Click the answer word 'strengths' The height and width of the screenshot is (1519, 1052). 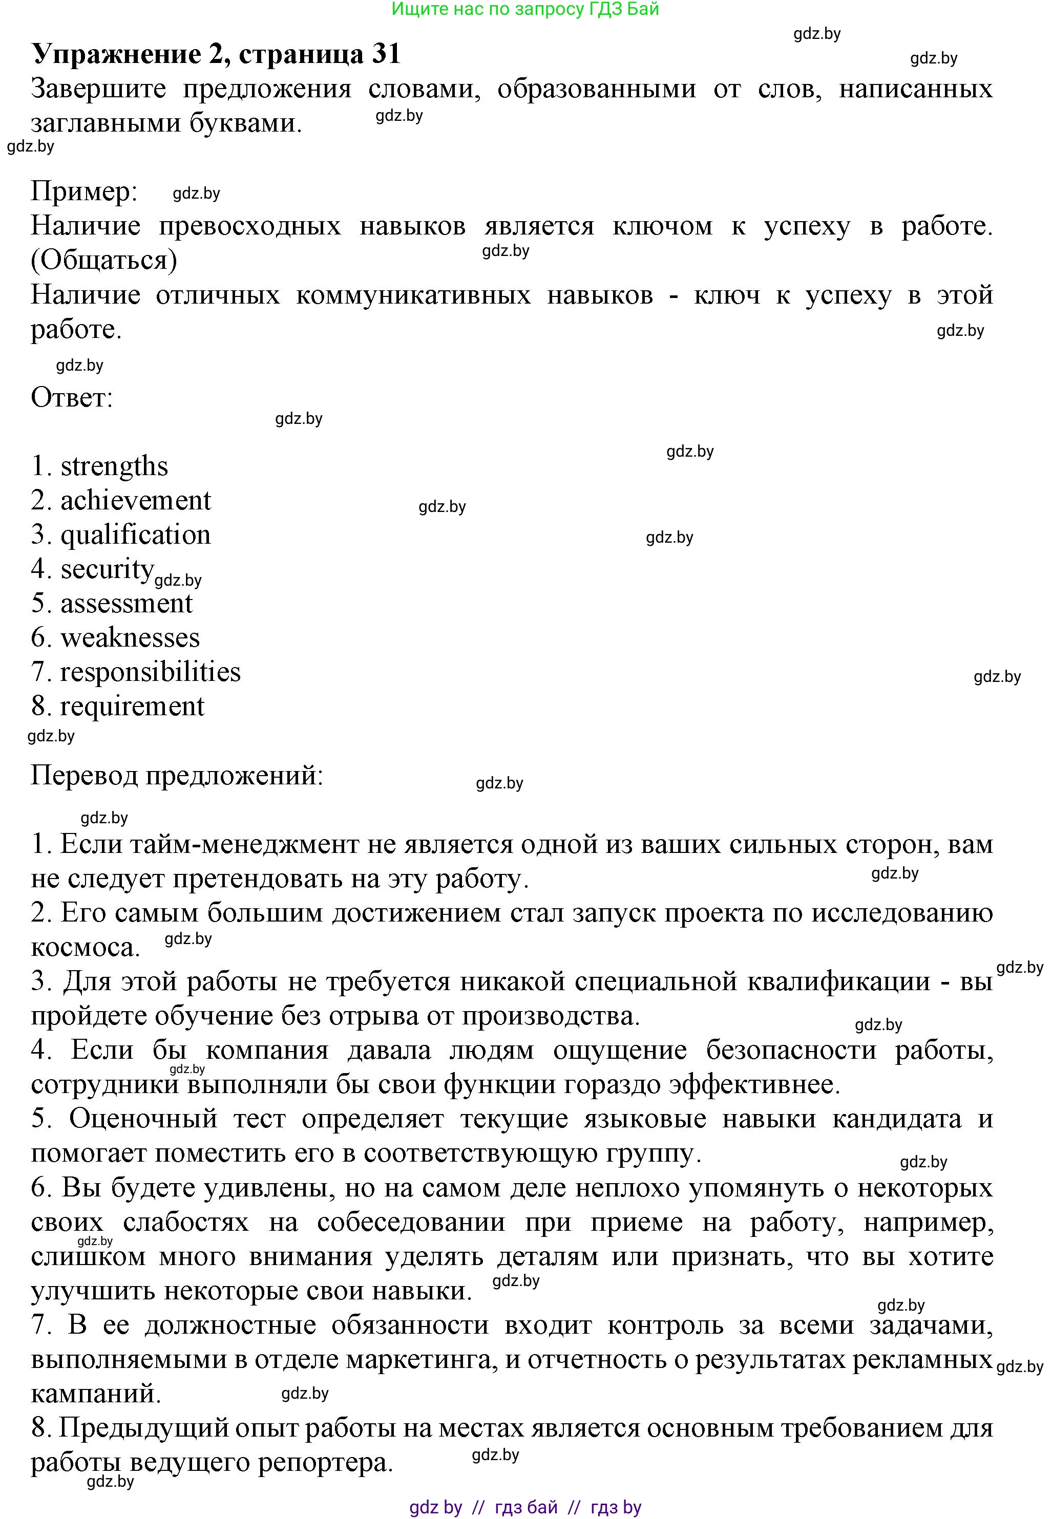pyautogui.click(x=114, y=466)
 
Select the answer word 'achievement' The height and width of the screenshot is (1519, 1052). pyautogui.click(x=136, y=501)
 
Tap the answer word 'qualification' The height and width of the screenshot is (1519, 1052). pyautogui.click(x=136, y=535)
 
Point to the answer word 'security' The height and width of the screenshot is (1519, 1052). pyautogui.click(x=108, y=569)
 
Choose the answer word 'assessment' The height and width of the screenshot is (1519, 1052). pyautogui.click(x=127, y=604)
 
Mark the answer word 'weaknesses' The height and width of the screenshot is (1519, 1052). pyautogui.click(x=130, y=637)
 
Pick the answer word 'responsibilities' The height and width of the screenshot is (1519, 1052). pyautogui.click(x=150, y=672)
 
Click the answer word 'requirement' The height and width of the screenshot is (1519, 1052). pyautogui.click(x=133, y=706)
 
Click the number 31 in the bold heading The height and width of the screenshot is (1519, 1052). pyautogui.click(x=386, y=53)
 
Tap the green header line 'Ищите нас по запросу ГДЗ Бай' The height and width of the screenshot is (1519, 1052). pyautogui.click(x=525, y=9)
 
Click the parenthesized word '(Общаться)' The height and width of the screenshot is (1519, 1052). pyautogui.click(x=104, y=260)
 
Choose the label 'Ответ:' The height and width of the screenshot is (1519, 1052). pyautogui.click(x=72, y=397)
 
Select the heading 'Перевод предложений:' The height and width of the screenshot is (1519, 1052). pyautogui.click(x=177, y=775)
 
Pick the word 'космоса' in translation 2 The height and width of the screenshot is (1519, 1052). pyautogui.click(x=85, y=947)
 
